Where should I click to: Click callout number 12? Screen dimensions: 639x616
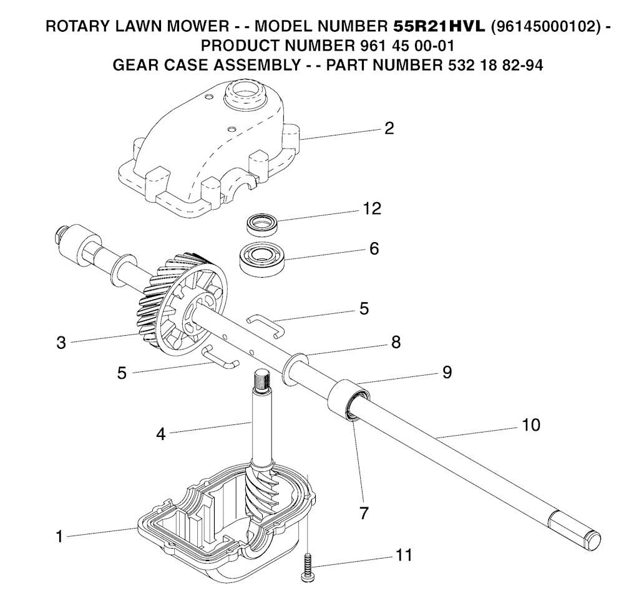(x=372, y=208)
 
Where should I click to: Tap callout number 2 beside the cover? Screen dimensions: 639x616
(x=389, y=129)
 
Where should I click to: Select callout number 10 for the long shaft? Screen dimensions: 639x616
(x=531, y=425)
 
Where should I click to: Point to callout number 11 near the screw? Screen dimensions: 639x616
(x=404, y=555)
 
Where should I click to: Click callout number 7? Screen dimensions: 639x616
(x=364, y=513)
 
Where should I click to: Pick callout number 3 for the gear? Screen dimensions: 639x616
(x=61, y=343)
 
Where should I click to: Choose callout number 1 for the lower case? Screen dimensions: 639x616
(x=59, y=537)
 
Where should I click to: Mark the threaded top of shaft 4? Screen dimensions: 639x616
(x=261, y=379)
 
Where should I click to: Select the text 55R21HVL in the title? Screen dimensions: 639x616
(x=439, y=26)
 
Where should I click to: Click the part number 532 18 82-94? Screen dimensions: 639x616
(x=493, y=66)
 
